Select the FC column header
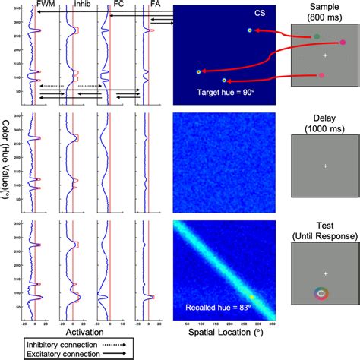(112, 4)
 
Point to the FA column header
(144, 4)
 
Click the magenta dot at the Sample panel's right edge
(343, 43)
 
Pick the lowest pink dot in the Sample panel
(321, 76)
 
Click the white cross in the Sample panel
(325, 57)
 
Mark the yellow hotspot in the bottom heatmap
(253, 298)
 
